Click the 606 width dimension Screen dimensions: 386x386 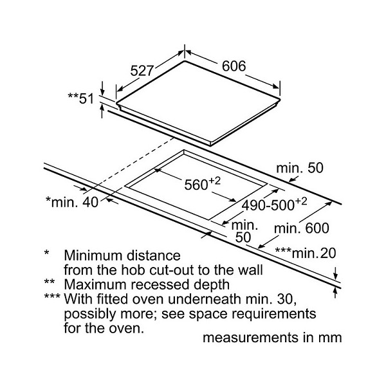pos(234,66)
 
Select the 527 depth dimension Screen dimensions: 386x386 pos(142,71)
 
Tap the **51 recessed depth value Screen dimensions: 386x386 pos(81,98)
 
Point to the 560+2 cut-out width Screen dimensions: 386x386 pos(203,183)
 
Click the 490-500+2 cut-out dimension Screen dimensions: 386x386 pos(274,204)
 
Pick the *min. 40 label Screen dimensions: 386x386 pos(72,202)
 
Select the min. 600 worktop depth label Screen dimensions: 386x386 pos(301,228)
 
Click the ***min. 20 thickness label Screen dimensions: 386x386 pos(306,253)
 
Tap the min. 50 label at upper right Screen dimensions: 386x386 pos(300,168)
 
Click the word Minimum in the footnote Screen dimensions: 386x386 pos(95,255)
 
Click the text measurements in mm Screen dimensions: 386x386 pos(272,337)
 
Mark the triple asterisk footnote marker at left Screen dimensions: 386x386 pos(52,296)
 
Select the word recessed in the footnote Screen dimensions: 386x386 pos(160,284)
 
